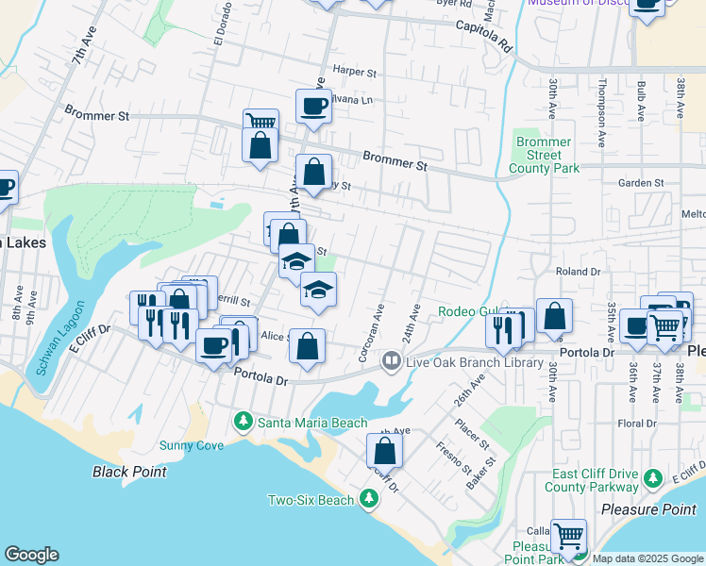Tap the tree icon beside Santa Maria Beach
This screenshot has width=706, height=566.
244,421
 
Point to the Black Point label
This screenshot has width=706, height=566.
129,472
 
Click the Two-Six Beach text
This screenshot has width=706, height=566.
311,500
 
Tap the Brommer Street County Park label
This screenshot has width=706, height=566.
544,155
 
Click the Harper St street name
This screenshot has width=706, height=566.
354,72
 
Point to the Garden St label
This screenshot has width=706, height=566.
641,182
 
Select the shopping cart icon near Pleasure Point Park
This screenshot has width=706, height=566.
568,536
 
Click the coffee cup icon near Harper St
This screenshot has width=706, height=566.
313,105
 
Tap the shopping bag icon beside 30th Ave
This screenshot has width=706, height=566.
556,315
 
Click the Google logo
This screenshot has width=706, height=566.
31,555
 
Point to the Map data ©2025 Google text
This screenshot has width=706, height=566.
647,558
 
